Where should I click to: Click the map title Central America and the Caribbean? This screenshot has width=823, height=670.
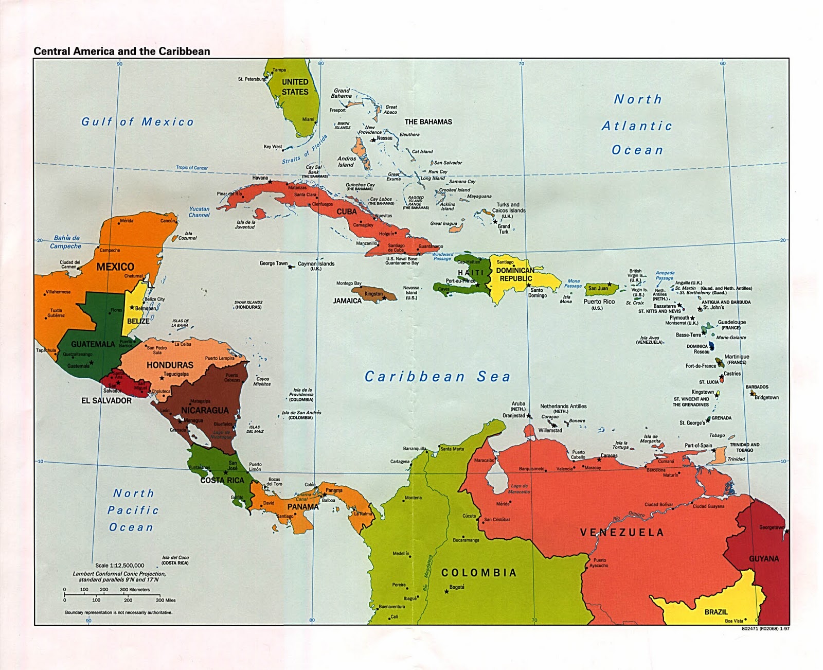(122, 51)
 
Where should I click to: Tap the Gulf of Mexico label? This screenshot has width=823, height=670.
(138, 122)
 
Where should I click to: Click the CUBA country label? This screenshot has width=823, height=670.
(347, 211)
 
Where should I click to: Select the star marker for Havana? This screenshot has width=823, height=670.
(270, 182)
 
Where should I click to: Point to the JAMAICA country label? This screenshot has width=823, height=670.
(347, 301)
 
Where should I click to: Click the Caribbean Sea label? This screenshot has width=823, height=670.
(437, 377)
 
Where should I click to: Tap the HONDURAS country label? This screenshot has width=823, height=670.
(170, 365)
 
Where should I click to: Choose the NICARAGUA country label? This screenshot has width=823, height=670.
(205, 410)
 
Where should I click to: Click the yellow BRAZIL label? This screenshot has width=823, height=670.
(716, 612)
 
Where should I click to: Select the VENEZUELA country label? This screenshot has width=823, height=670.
(622, 533)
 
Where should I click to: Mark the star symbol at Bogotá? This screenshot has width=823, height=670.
(446, 591)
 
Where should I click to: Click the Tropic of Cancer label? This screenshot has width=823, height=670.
(192, 168)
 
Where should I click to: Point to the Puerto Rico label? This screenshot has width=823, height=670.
(599, 302)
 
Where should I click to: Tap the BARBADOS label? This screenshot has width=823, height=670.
(757, 387)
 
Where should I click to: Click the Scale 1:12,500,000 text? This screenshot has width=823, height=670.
(120, 566)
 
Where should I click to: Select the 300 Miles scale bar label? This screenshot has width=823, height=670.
(166, 600)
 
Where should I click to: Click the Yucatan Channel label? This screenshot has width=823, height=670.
(199, 212)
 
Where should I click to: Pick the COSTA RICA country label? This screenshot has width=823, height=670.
(222, 480)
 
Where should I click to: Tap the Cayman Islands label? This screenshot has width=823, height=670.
(316, 264)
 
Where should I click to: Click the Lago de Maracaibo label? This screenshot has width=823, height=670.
(519, 488)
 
